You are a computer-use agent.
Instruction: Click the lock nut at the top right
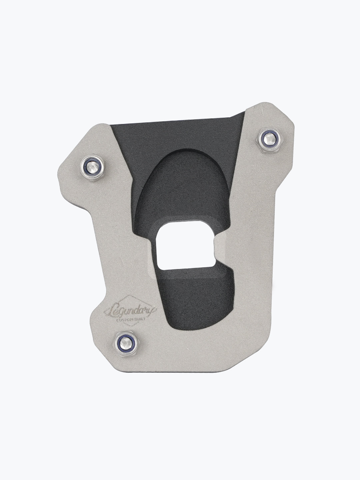[269, 140]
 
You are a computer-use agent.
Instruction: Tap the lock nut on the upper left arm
[93, 168]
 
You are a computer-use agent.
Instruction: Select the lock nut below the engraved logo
[127, 344]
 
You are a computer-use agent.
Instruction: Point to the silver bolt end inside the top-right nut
[269, 138]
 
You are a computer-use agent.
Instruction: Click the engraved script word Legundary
[130, 311]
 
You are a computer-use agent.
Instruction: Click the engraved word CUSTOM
[125, 320]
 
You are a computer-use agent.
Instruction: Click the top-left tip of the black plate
[111, 125]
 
